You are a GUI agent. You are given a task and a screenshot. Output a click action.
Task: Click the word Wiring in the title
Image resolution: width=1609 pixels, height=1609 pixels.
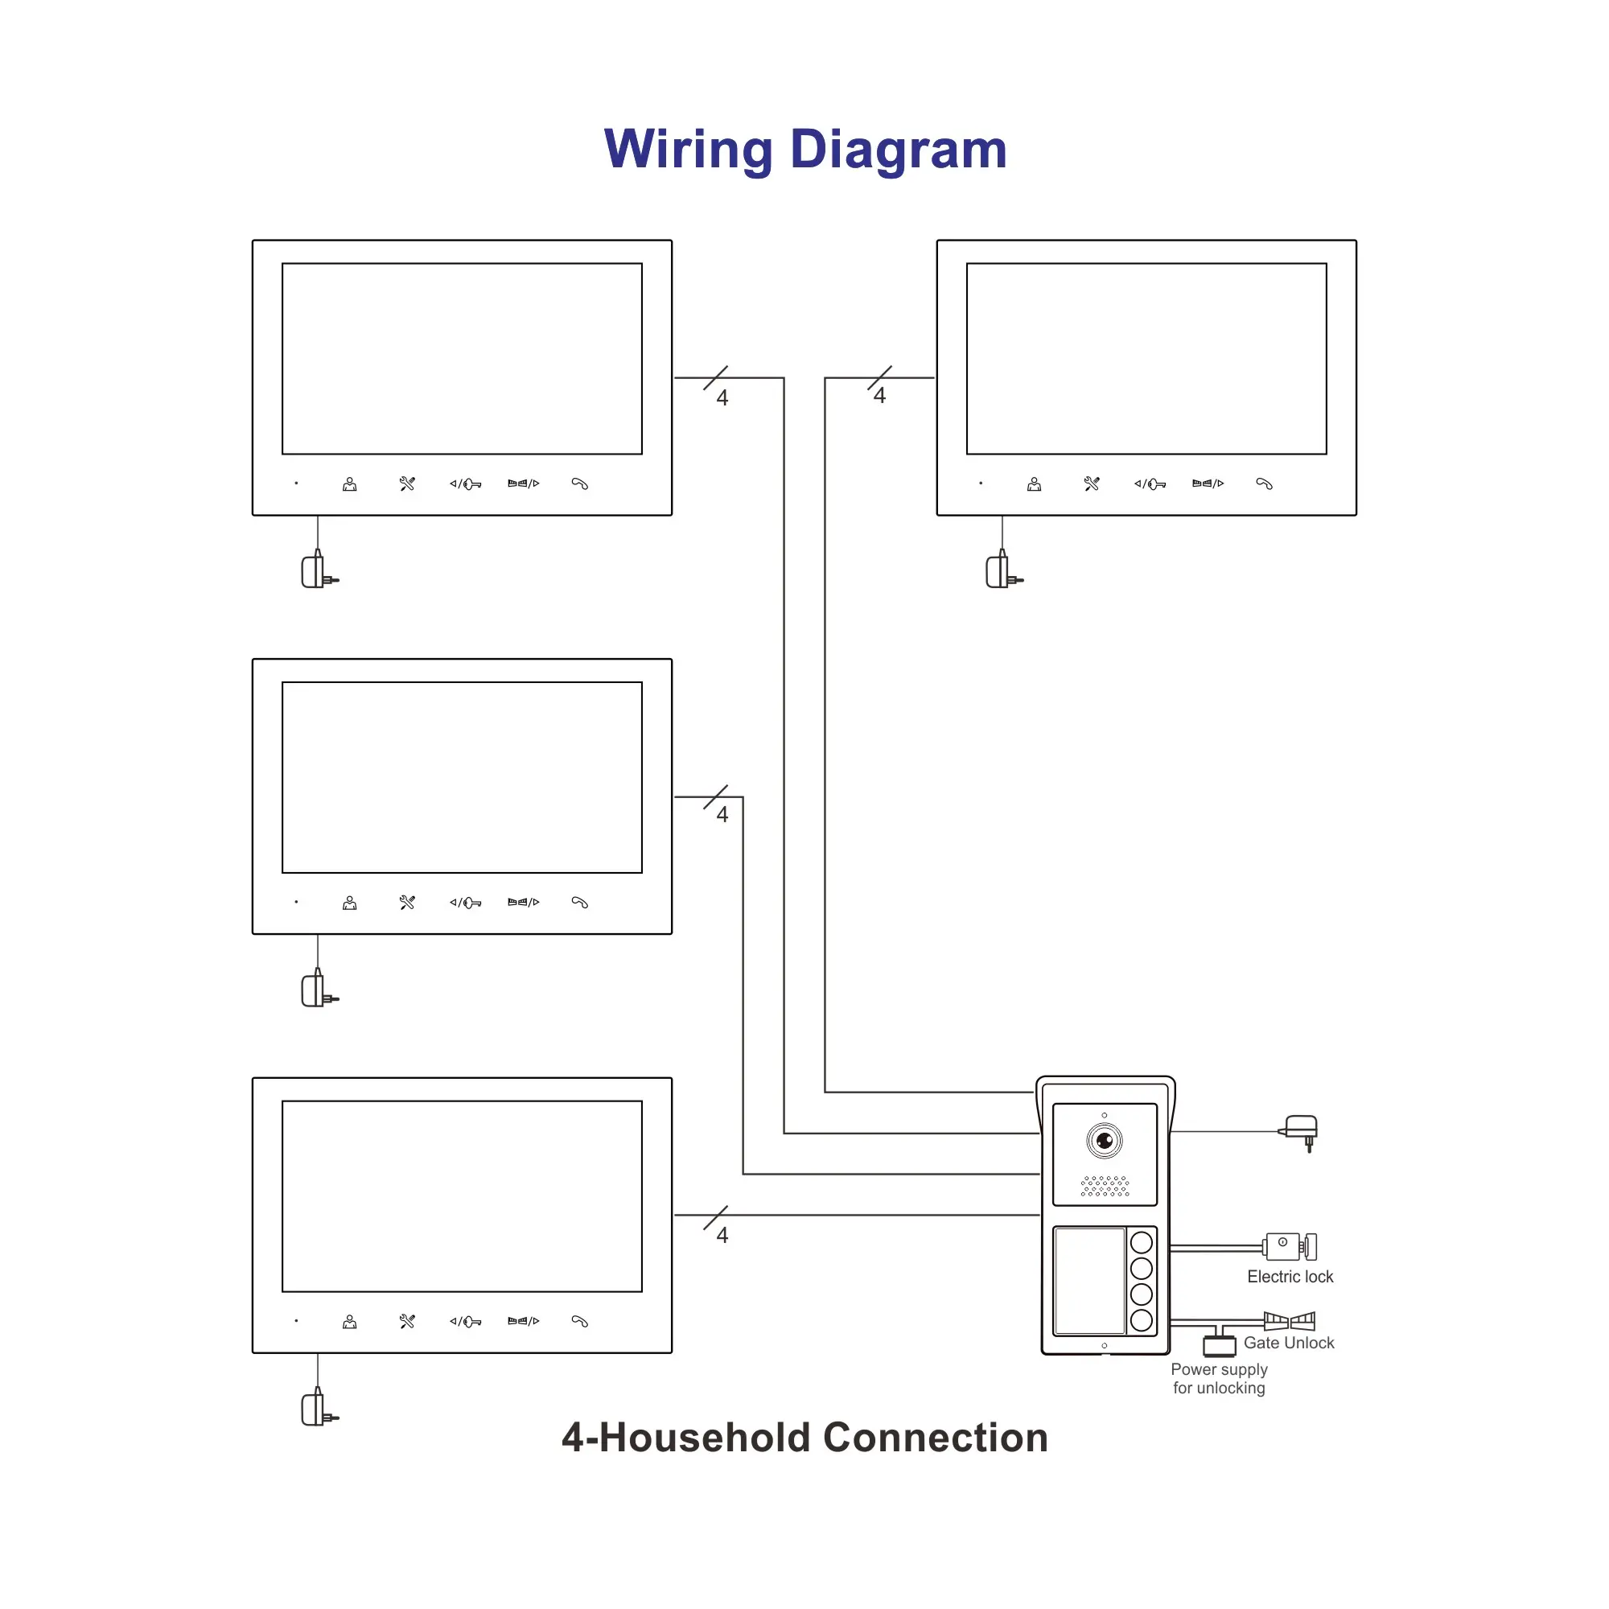(x=689, y=150)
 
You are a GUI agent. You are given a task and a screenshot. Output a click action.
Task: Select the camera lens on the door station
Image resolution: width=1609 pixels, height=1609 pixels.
(x=1105, y=1140)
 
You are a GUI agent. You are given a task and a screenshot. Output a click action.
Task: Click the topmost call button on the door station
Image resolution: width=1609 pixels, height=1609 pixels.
(x=1141, y=1244)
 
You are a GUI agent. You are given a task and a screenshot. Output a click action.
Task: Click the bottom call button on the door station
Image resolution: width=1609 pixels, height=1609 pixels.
(x=1141, y=1320)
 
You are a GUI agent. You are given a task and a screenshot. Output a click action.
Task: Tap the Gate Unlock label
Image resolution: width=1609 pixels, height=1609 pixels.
(x=1288, y=1343)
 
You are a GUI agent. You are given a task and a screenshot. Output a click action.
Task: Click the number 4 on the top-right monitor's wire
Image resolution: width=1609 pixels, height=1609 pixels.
(x=879, y=396)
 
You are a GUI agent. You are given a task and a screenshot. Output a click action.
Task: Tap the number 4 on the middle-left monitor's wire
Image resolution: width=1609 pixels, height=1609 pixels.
(x=722, y=814)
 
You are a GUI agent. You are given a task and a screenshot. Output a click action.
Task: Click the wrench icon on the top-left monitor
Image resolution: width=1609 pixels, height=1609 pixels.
(x=407, y=484)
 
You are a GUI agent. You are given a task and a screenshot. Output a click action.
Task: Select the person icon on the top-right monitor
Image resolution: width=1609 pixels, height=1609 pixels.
(x=1034, y=484)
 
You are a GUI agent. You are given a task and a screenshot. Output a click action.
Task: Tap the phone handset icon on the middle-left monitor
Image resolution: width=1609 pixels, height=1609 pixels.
(x=579, y=903)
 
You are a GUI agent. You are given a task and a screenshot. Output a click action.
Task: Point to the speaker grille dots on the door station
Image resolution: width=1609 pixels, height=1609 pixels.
(x=1105, y=1186)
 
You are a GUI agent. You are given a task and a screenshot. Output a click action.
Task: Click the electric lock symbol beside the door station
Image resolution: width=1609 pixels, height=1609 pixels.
(x=1289, y=1247)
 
